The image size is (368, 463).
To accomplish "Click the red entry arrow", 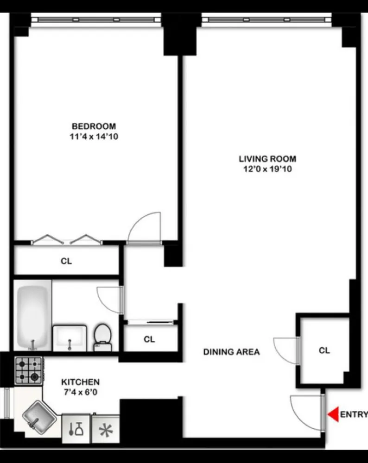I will coord(332,414).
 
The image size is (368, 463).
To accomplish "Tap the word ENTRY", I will coord(354,414).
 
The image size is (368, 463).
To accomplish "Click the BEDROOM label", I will coord(94,126).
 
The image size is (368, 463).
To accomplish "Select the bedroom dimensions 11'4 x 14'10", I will coord(94,137).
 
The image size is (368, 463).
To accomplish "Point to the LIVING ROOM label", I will coord(267,158).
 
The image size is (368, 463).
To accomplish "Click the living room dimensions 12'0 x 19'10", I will coord(267,169).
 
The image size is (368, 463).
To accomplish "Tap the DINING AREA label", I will coord(231,352).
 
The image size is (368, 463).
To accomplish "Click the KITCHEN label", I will coord(81,382).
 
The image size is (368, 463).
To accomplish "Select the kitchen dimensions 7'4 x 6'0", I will coord(81,393).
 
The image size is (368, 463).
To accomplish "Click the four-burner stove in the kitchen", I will coord(28,370).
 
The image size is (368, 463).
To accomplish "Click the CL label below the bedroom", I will coord(66,261).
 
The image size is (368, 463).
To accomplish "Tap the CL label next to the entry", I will coord(324,350).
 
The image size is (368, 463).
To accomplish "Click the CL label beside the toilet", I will coord(149,339).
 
